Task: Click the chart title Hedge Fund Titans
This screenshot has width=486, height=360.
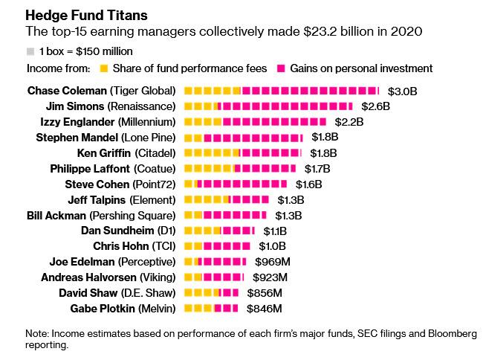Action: pyautogui.click(x=76, y=15)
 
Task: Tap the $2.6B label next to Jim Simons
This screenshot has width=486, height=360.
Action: pyautogui.click(x=375, y=106)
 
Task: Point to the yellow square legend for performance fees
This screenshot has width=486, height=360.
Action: pyautogui.click(x=104, y=69)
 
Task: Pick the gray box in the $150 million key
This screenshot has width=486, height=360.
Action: pyautogui.click(x=30, y=52)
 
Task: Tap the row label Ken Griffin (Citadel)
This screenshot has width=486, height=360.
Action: pyautogui.click(x=126, y=153)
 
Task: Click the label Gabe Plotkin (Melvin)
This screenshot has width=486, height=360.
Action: pyautogui.click(x=123, y=309)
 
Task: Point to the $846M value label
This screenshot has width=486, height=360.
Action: pyautogui.click(x=267, y=309)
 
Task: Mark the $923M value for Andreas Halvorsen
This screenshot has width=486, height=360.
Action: pyautogui.click(x=272, y=277)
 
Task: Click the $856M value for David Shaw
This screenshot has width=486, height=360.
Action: pyautogui.click(x=267, y=293)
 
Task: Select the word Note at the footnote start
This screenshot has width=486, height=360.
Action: pyautogui.click(x=38, y=332)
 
